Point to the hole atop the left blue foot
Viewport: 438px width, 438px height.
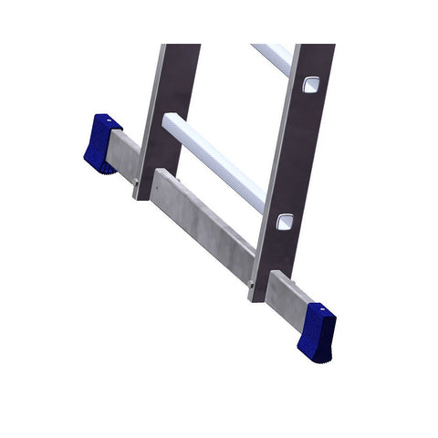pos(104,119)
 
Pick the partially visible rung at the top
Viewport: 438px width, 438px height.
pos(271,57)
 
